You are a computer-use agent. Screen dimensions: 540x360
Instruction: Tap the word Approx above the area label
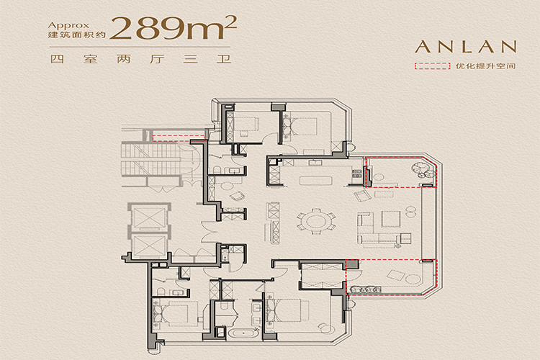tap(68, 25)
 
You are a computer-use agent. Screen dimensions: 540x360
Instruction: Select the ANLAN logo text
tap(466, 47)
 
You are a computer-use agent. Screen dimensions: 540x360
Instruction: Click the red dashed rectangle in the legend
tap(432, 66)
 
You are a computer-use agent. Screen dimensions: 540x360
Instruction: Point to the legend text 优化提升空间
tap(485, 66)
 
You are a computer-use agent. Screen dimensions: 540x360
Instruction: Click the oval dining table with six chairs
tap(316, 221)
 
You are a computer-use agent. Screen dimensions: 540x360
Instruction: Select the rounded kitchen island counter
tap(316, 181)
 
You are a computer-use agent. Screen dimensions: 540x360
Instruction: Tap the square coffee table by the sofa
tap(391, 219)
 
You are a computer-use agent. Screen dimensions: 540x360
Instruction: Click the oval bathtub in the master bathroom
tap(244, 333)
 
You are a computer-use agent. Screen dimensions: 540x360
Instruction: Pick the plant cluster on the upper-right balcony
tap(422, 168)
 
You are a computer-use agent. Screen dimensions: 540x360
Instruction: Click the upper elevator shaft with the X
tap(149, 217)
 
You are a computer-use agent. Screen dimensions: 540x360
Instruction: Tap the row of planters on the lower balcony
tap(365, 289)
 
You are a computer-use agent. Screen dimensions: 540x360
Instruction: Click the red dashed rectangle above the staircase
tap(179, 138)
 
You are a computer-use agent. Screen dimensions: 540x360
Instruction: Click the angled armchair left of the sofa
tap(363, 196)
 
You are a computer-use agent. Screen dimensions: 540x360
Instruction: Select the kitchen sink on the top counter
tap(315, 163)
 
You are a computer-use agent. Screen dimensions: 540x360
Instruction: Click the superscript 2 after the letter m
tap(232, 22)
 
